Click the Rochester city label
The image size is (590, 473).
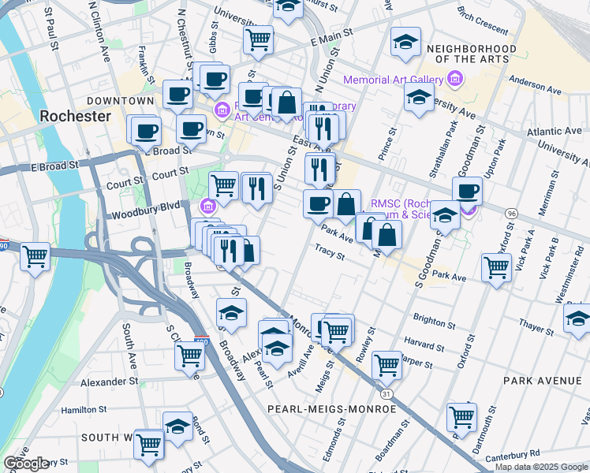click(76, 116)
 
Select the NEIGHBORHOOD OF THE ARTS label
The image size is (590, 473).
click(471, 54)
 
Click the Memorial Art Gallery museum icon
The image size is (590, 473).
click(454, 79)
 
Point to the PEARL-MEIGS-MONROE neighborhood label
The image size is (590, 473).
click(331, 409)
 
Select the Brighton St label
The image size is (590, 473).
click(434, 319)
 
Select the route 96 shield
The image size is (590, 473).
click(511, 214)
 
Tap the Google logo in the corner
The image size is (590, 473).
click(26, 464)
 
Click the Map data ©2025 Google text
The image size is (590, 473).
click(541, 467)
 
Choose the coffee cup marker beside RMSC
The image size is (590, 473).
click(467, 191)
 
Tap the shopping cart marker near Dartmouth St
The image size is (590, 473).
click(461, 416)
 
